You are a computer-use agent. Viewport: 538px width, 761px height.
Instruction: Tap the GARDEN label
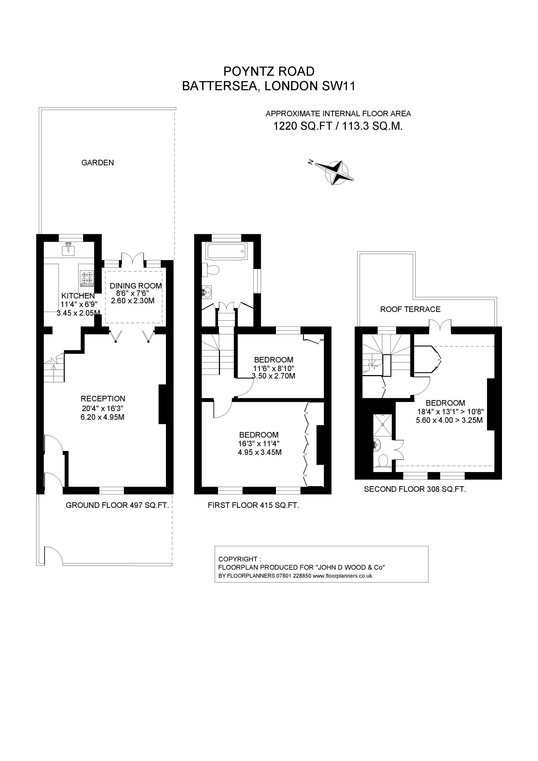[x=97, y=163]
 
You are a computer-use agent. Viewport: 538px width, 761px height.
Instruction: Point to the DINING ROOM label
[x=136, y=286]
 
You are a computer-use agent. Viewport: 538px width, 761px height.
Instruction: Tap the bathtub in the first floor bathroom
[x=226, y=252]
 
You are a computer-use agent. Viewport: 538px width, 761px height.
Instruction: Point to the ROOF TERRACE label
[x=410, y=309]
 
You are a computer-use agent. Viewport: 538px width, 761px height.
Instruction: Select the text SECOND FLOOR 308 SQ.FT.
[x=415, y=489]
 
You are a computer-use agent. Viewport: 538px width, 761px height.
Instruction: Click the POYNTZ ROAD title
[x=269, y=71]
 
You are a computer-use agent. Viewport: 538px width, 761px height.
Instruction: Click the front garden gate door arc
[x=53, y=555]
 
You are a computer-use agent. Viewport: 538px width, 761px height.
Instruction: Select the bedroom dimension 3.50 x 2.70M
[x=274, y=376]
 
